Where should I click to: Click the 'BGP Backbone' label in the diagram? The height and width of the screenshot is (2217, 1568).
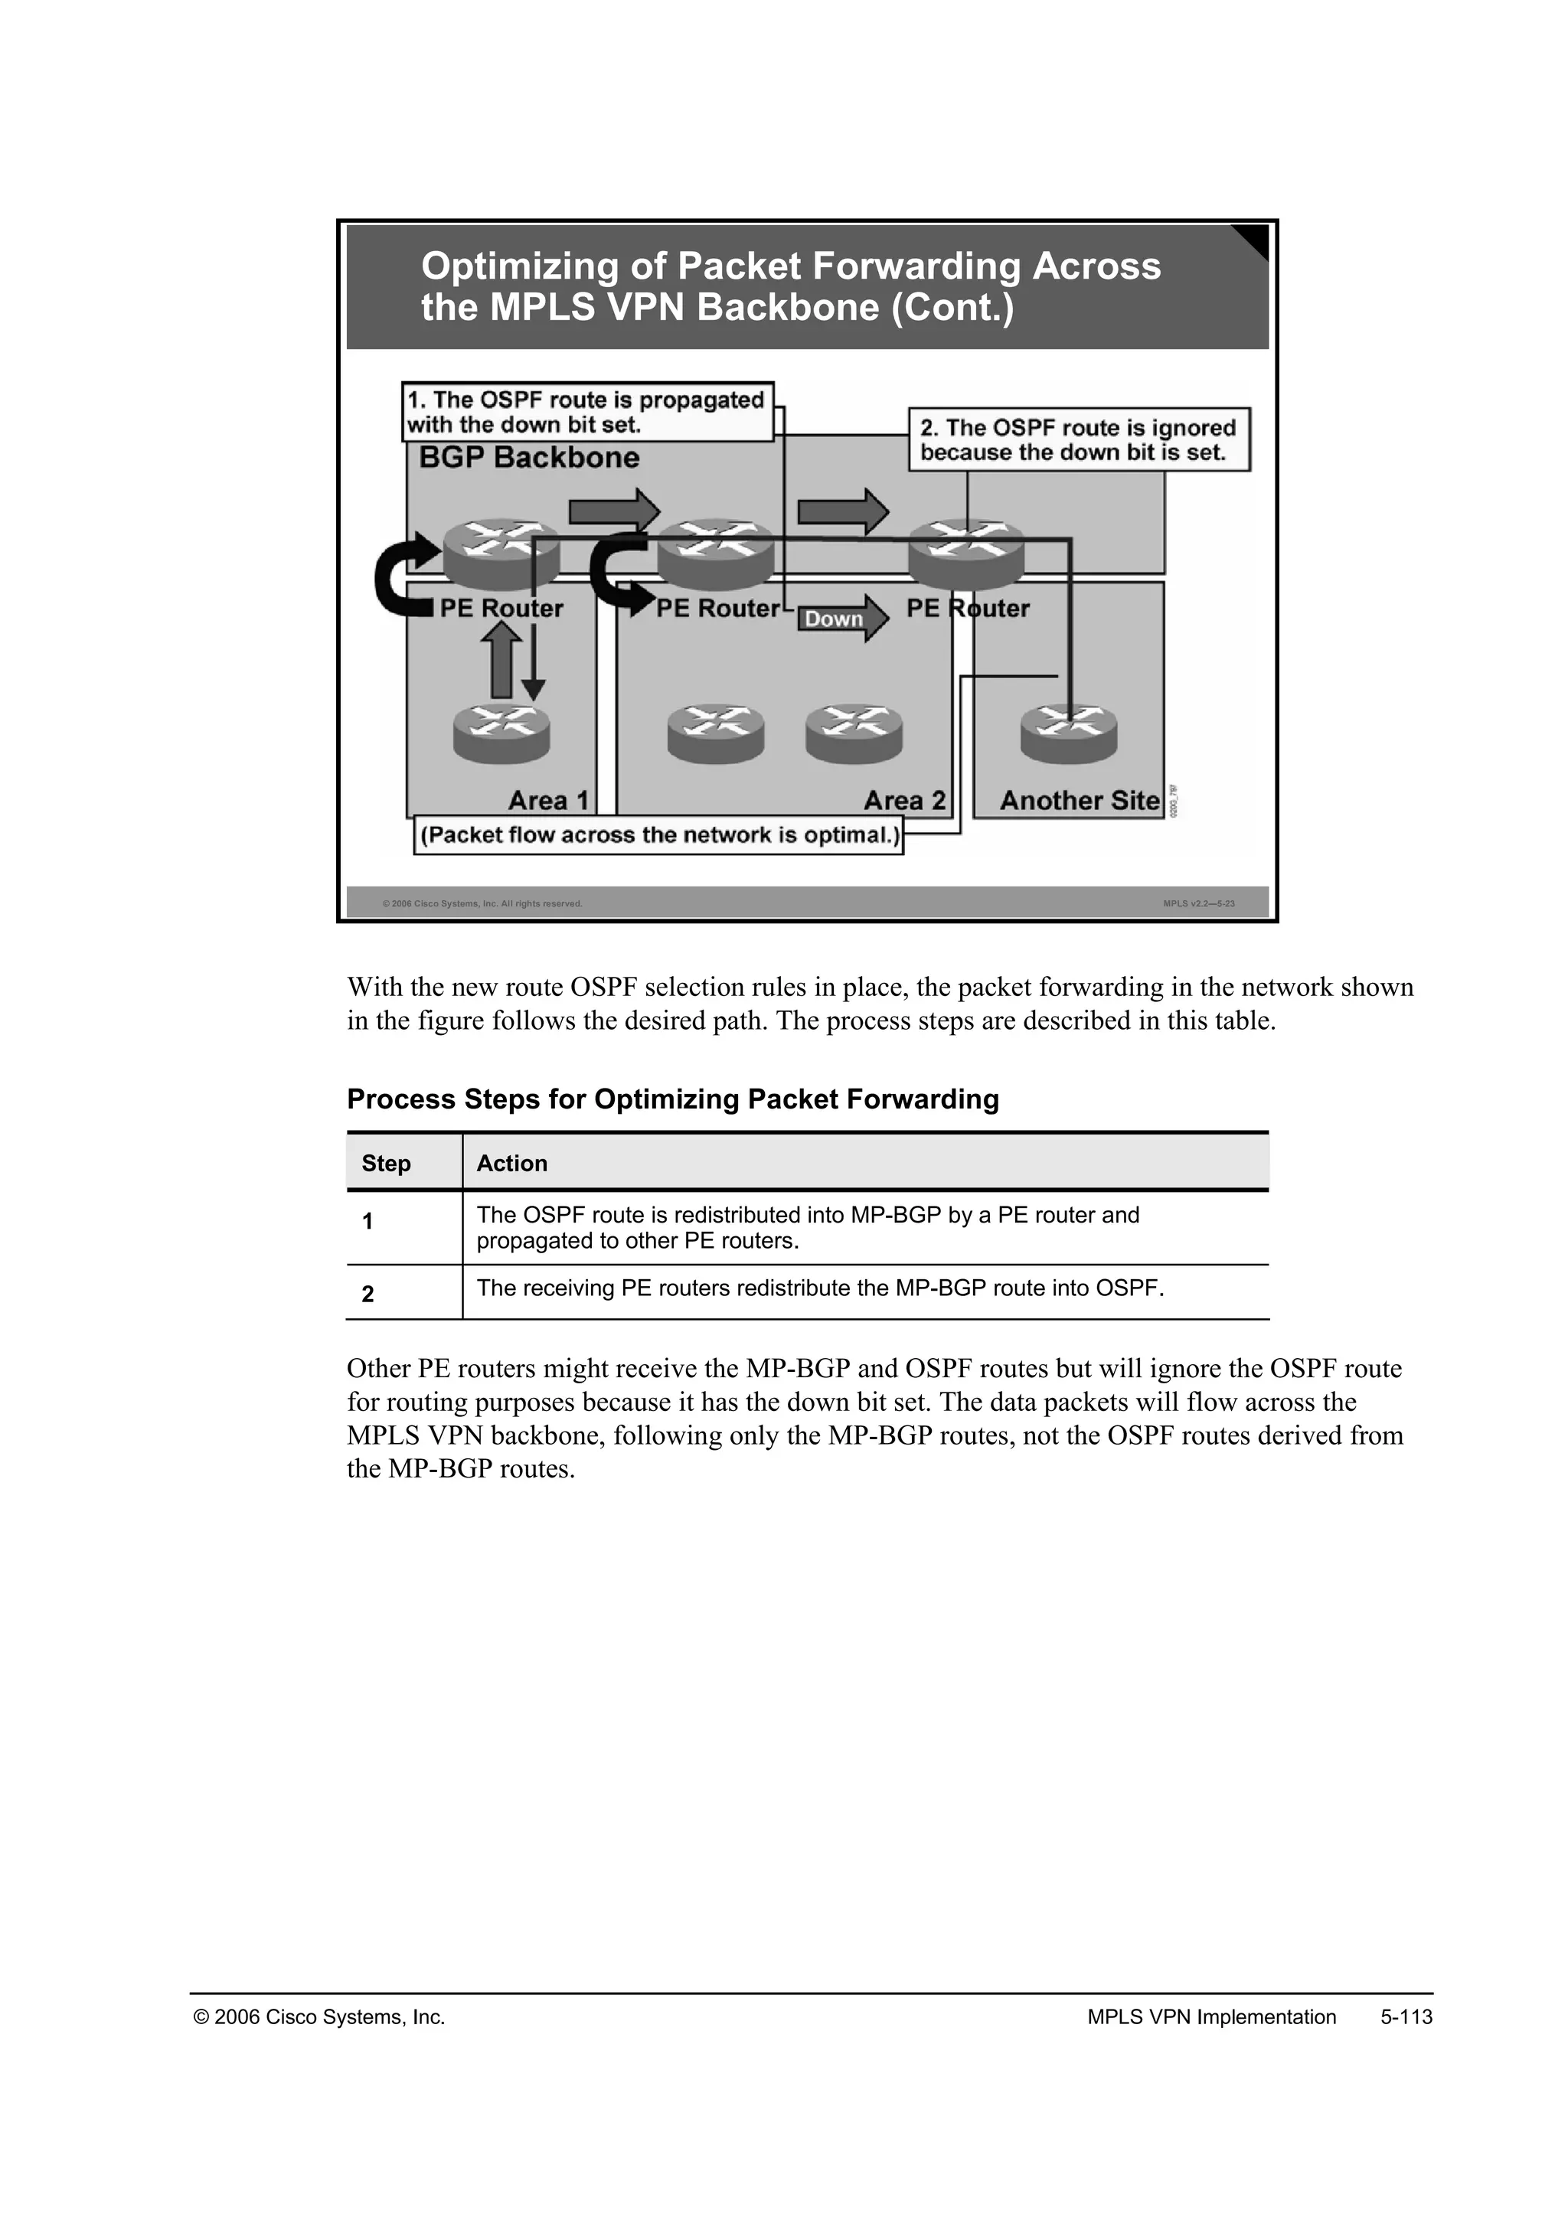pyautogui.click(x=529, y=458)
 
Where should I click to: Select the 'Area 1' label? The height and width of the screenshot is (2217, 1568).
pyautogui.click(x=547, y=801)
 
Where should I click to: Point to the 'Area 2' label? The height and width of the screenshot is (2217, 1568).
pyautogui.click(x=903, y=801)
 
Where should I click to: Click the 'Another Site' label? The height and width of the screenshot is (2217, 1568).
pyautogui.click(x=1079, y=801)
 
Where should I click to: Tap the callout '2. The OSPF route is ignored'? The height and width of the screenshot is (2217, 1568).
pyautogui.click(x=1079, y=440)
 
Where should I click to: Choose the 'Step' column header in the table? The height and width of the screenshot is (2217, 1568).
pyautogui.click(x=386, y=1164)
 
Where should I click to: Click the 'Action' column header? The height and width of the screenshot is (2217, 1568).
pyautogui.click(x=511, y=1164)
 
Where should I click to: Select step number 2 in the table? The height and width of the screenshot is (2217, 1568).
pyautogui.click(x=367, y=1294)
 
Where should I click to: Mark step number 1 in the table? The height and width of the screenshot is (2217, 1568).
pyautogui.click(x=367, y=1222)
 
